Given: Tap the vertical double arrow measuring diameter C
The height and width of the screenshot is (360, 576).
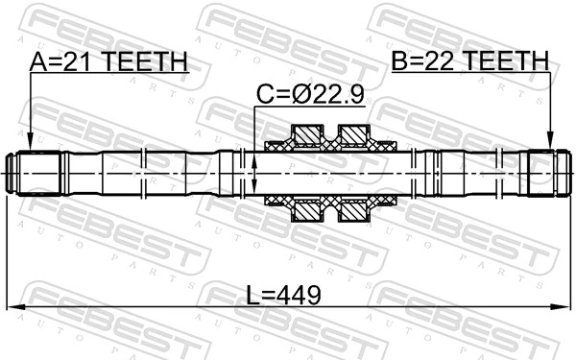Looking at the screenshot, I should [x=254, y=174].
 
